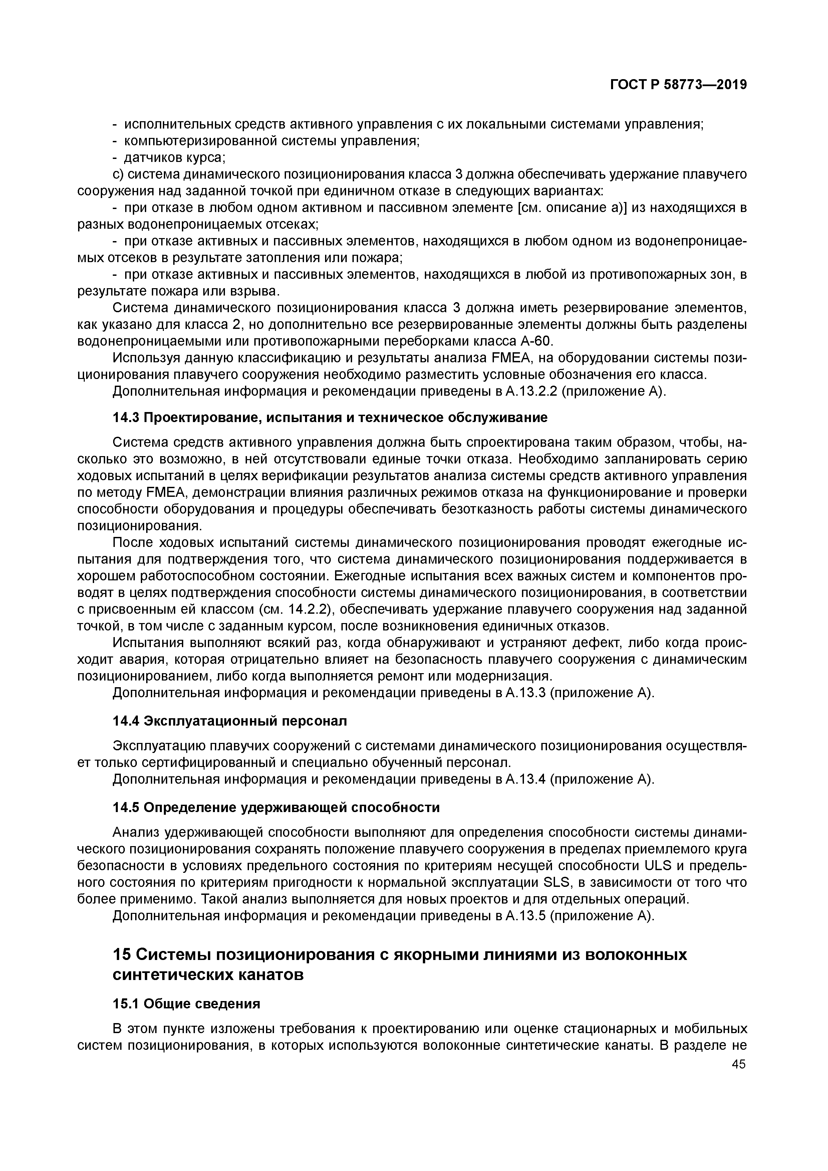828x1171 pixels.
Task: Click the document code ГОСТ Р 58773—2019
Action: point(678,85)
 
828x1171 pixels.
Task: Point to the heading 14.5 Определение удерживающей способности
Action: point(276,807)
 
